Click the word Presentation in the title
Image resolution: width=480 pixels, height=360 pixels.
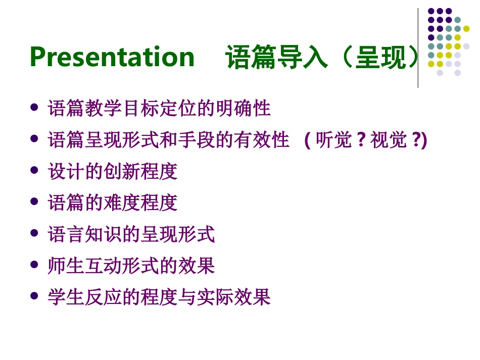point(112,57)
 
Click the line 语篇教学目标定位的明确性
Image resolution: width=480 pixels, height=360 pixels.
point(159,108)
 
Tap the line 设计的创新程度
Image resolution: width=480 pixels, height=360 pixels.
point(113,171)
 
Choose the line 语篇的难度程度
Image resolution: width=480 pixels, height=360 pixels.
point(113,202)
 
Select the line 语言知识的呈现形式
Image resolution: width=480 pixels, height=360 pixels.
point(131,234)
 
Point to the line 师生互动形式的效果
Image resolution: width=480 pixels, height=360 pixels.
point(131,265)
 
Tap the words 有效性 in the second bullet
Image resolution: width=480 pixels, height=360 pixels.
point(261,139)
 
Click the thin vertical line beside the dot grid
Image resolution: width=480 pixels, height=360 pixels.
point(418,48)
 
